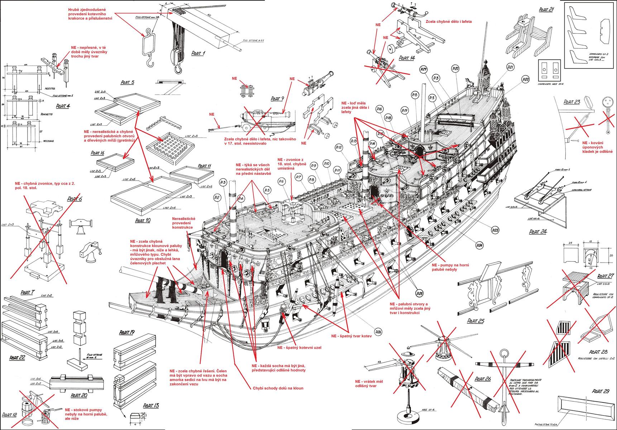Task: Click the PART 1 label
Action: coord(198,53)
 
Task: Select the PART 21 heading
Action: coord(546,10)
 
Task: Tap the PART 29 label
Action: coord(601,391)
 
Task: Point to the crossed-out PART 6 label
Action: coord(75,199)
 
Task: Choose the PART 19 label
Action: coord(127,333)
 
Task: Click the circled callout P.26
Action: coord(378,332)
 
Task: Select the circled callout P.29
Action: coord(424,69)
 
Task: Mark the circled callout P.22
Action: coord(526,79)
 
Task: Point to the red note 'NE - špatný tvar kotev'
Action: coord(351,336)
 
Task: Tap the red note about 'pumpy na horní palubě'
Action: coord(451,267)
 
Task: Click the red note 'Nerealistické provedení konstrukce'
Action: coord(183,223)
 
